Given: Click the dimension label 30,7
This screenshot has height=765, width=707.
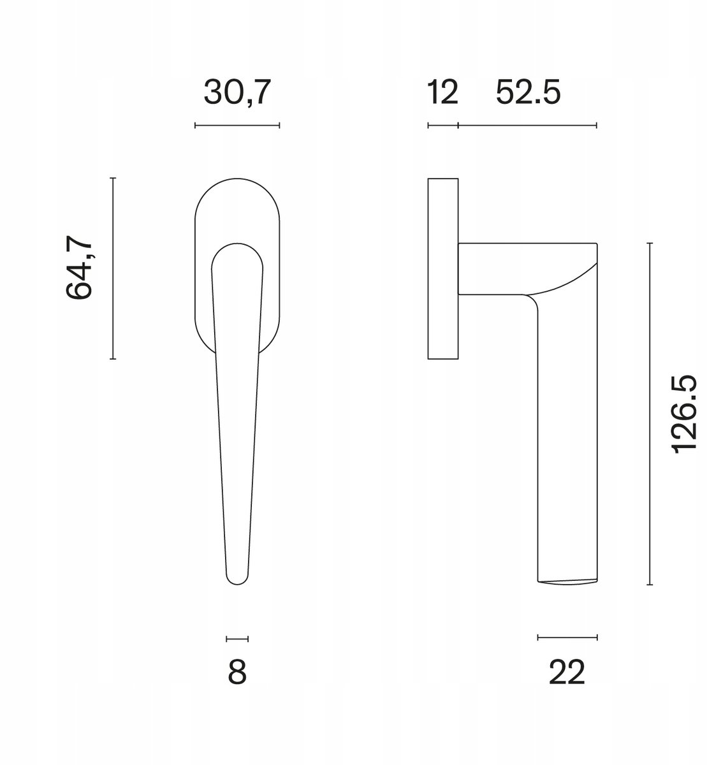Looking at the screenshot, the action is [237, 92].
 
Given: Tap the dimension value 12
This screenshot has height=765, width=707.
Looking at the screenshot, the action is [442, 92].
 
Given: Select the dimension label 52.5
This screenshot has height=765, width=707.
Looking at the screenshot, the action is [528, 92].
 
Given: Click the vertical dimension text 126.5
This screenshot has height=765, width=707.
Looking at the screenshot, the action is [684, 414].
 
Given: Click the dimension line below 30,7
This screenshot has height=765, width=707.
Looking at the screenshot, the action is [237, 125].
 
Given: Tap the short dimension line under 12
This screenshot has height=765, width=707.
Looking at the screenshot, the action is [443, 125].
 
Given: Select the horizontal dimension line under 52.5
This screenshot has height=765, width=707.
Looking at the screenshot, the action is [527, 125].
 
